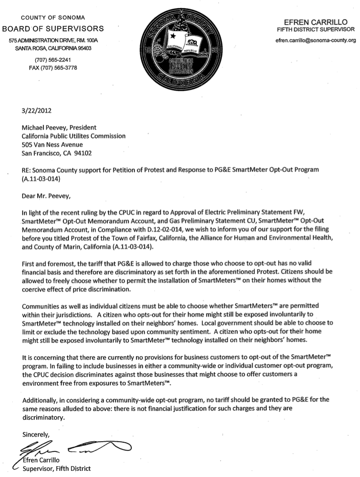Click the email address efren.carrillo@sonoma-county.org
tap(315, 40)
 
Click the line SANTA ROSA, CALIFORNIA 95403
tap(53, 48)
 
